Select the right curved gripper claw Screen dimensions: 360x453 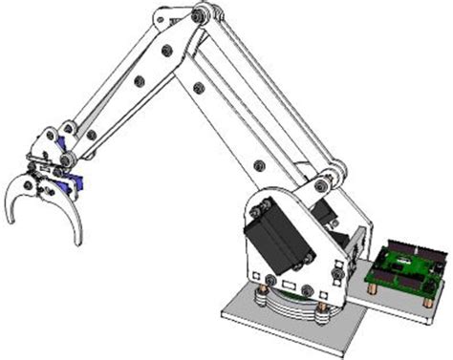pyautogui.click(x=71, y=215)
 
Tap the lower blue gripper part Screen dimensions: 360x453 pyautogui.click(x=67, y=181)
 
